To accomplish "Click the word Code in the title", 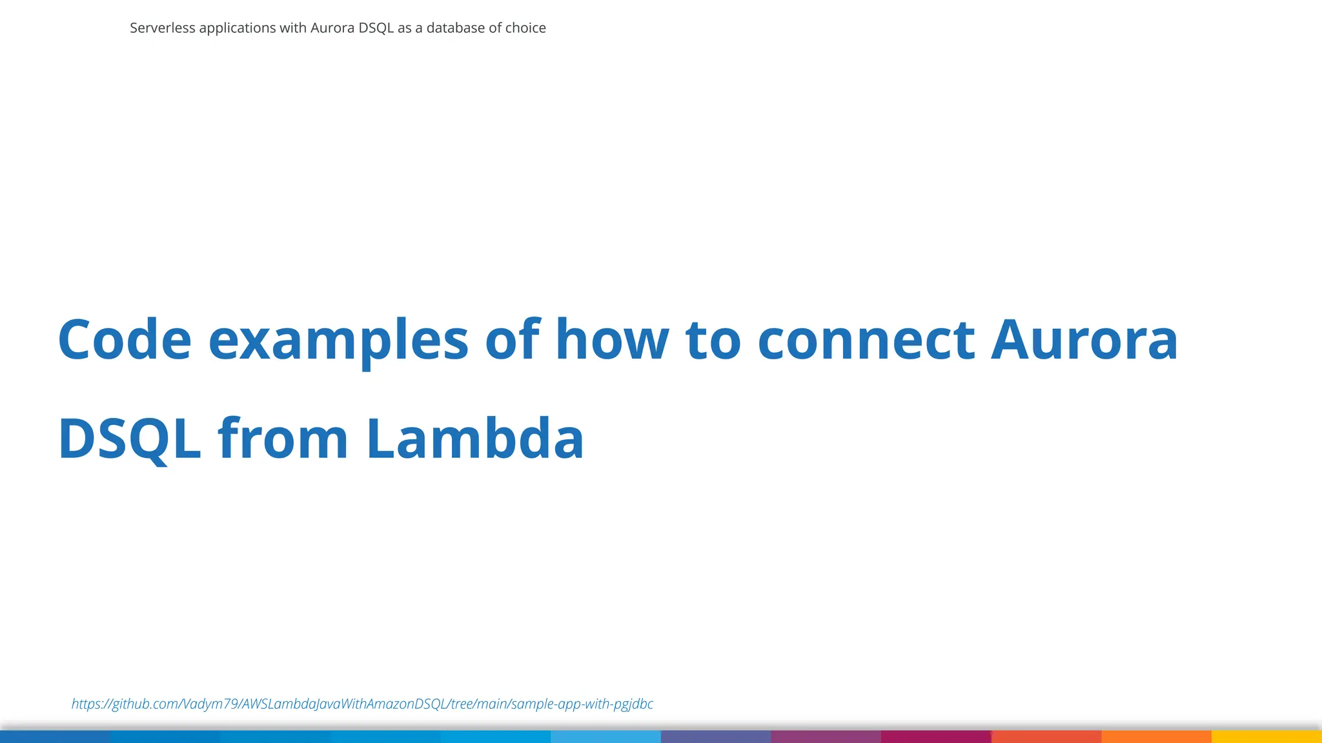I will pyautogui.click(x=125, y=340).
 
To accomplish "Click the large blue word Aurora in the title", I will pyautogui.click(x=1084, y=340).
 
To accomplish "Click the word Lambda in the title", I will pyautogui.click(x=475, y=439).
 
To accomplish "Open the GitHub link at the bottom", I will pyautogui.click(x=362, y=704).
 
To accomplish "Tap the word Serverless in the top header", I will pyautogui.click(x=162, y=28).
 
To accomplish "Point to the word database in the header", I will pyautogui.click(x=455, y=28).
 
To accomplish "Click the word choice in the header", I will pyautogui.click(x=525, y=28).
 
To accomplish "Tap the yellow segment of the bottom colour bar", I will pyautogui.click(x=1266, y=737).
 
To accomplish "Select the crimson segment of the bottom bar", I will pyautogui.click(x=936, y=737).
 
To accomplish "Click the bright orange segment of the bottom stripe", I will pyautogui.click(x=1156, y=737).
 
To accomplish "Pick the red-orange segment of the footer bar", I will pyautogui.click(x=1046, y=737).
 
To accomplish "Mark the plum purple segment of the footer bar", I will pyautogui.click(x=826, y=737).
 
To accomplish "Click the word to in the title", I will pyautogui.click(x=713, y=340).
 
